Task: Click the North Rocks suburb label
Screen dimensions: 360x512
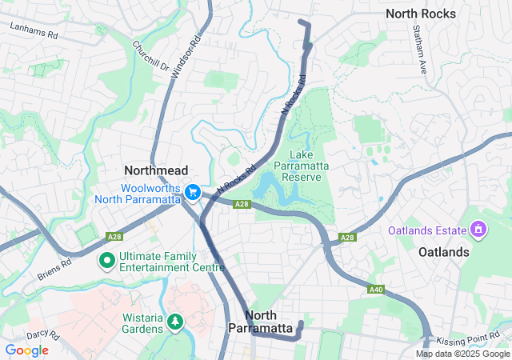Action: click(421, 14)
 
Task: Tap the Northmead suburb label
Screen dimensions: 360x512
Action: click(156, 170)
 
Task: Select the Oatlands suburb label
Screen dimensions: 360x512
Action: click(444, 252)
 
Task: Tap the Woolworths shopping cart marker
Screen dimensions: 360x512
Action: click(192, 192)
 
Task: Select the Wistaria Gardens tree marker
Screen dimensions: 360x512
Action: click(175, 322)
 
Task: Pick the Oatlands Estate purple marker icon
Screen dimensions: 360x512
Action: click(479, 230)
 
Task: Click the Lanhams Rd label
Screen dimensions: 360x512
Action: click(34, 31)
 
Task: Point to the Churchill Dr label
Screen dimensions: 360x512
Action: click(151, 55)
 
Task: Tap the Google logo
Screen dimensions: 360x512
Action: click(26, 350)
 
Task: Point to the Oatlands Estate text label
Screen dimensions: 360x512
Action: click(427, 230)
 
